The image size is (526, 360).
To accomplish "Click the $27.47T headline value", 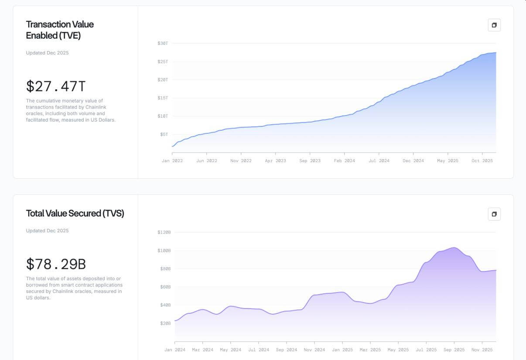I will (x=56, y=86).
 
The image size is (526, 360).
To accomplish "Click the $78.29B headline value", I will (x=56, y=264).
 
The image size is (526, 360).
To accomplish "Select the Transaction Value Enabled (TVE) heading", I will (x=60, y=30).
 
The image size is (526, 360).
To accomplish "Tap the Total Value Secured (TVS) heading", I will (x=75, y=213).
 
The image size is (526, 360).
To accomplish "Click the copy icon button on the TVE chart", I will (x=494, y=25).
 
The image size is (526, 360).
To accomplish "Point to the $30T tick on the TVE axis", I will (x=163, y=43).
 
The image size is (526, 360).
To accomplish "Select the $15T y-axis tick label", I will (x=163, y=98).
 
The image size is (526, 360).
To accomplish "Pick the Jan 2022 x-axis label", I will (x=172, y=161).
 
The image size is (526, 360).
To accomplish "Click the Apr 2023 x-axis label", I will (x=275, y=161).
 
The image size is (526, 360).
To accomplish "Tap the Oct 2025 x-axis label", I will (x=482, y=161).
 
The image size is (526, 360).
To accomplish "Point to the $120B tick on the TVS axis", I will (x=164, y=232).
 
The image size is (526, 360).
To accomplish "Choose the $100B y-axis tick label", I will (x=164, y=251).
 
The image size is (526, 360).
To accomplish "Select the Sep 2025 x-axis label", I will (x=454, y=350).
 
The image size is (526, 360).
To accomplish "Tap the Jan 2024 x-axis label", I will (x=175, y=350).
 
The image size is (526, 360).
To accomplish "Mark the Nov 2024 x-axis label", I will (x=314, y=350).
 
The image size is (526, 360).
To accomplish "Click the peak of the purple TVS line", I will (x=454, y=248).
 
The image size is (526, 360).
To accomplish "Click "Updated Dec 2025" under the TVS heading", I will (x=47, y=231).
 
